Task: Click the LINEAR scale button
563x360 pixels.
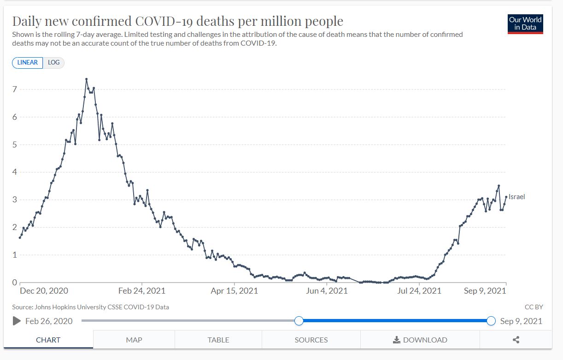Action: pyautogui.click(x=28, y=62)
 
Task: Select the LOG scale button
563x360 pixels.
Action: pyautogui.click(x=54, y=62)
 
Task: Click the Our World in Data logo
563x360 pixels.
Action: pyautogui.click(x=525, y=24)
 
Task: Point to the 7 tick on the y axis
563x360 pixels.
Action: pyautogui.click(x=15, y=89)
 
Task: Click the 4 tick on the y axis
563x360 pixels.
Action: pyautogui.click(x=15, y=172)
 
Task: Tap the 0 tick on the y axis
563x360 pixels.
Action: pyautogui.click(x=15, y=283)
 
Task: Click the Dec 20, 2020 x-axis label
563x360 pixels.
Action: pyautogui.click(x=44, y=291)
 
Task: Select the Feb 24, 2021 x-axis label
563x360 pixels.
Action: pyautogui.click(x=142, y=291)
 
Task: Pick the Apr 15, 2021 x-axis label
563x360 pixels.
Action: pyautogui.click(x=235, y=291)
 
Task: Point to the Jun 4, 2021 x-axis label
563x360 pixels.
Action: pyautogui.click(x=327, y=291)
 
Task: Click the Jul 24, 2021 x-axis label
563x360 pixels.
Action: pyautogui.click(x=419, y=291)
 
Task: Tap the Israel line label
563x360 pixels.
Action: pyautogui.click(x=516, y=197)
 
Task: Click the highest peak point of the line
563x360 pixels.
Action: pyautogui.click(x=86, y=79)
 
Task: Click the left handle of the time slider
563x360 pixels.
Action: pyautogui.click(x=299, y=321)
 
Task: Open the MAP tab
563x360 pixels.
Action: pyautogui.click(x=134, y=340)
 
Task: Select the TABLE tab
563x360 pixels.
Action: pyautogui.click(x=218, y=340)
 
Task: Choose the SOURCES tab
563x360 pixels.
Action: pyautogui.click(x=311, y=340)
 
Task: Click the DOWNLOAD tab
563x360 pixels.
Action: pyautogui.click(x=420, y=340)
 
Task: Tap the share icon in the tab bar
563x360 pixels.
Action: pyautogui.click(x=516, y=340)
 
